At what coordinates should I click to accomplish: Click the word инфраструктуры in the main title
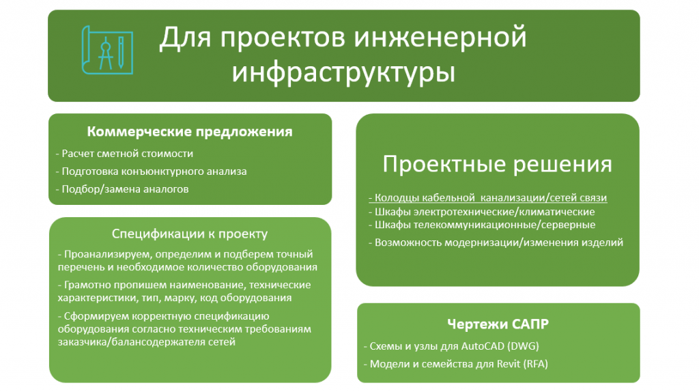[x=343, y=72]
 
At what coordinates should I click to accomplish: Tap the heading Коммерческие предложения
[x=190, y=132]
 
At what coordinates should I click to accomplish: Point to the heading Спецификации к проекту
[x=190, y=234]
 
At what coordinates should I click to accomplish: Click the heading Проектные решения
[x=497, y=165]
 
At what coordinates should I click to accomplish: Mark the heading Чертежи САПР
[x=498, y=322]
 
